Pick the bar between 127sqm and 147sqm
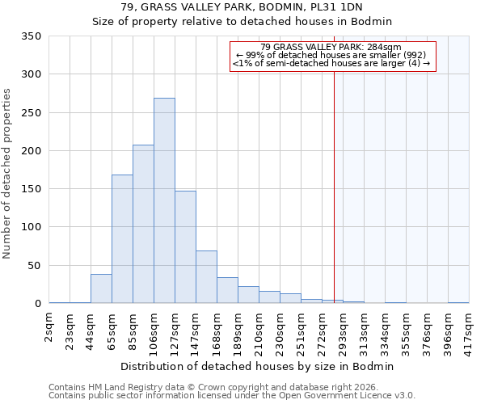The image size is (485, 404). (185, 247)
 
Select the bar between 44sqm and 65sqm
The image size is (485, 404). (101, 288)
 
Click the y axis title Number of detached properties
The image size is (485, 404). (8, 174)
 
